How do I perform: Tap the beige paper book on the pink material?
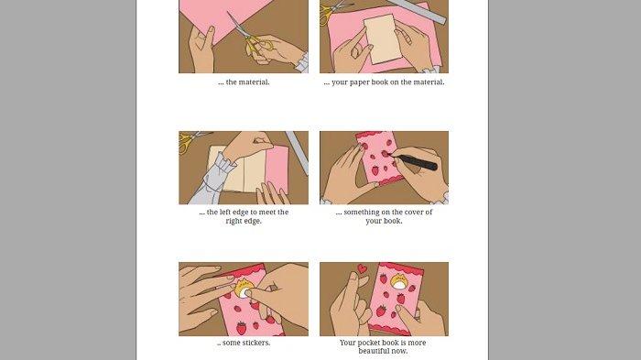point(384,38)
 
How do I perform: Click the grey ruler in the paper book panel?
point(417,12)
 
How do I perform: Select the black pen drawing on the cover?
point(414,162)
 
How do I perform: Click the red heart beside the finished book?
point(362,268)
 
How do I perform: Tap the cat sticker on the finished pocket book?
point(398,282)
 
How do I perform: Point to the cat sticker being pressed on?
point(243,288)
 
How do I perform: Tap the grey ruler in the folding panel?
point(298,152)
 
